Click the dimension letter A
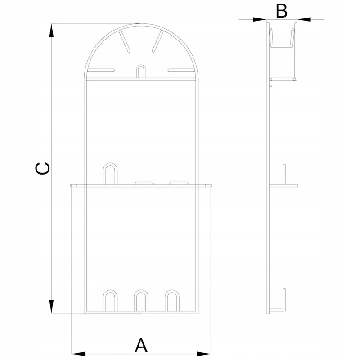(x=141, y=345)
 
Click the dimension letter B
(x=282, y=11)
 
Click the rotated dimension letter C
(x=42, y=168)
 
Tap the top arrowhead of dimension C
(x=51, y=31)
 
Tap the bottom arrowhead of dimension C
(x=51, y=306)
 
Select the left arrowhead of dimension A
(x=78, y=354)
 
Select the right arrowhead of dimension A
(x=204, y=354)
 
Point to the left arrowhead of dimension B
(x=260, y=19)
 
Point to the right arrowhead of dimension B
(x=304, y=19)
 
